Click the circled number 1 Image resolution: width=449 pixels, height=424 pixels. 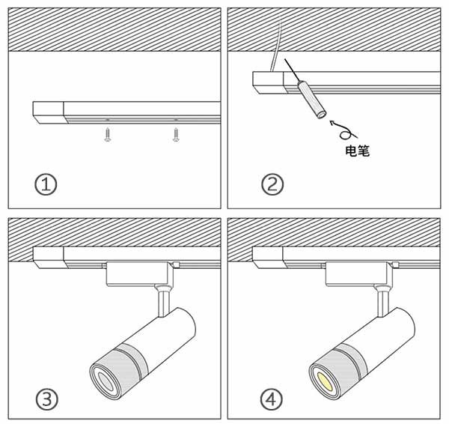[46, 184]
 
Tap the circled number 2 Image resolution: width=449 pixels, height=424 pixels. [270, 184]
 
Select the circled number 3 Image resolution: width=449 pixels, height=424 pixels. [46, 399]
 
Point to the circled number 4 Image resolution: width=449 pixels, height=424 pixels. [270, 399]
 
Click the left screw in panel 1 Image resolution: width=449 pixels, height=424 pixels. [108, 135]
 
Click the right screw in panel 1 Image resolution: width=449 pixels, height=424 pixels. [176, 135]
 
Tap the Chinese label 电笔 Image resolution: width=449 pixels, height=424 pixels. [356, 151]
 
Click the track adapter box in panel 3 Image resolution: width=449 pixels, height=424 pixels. [139, 273]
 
